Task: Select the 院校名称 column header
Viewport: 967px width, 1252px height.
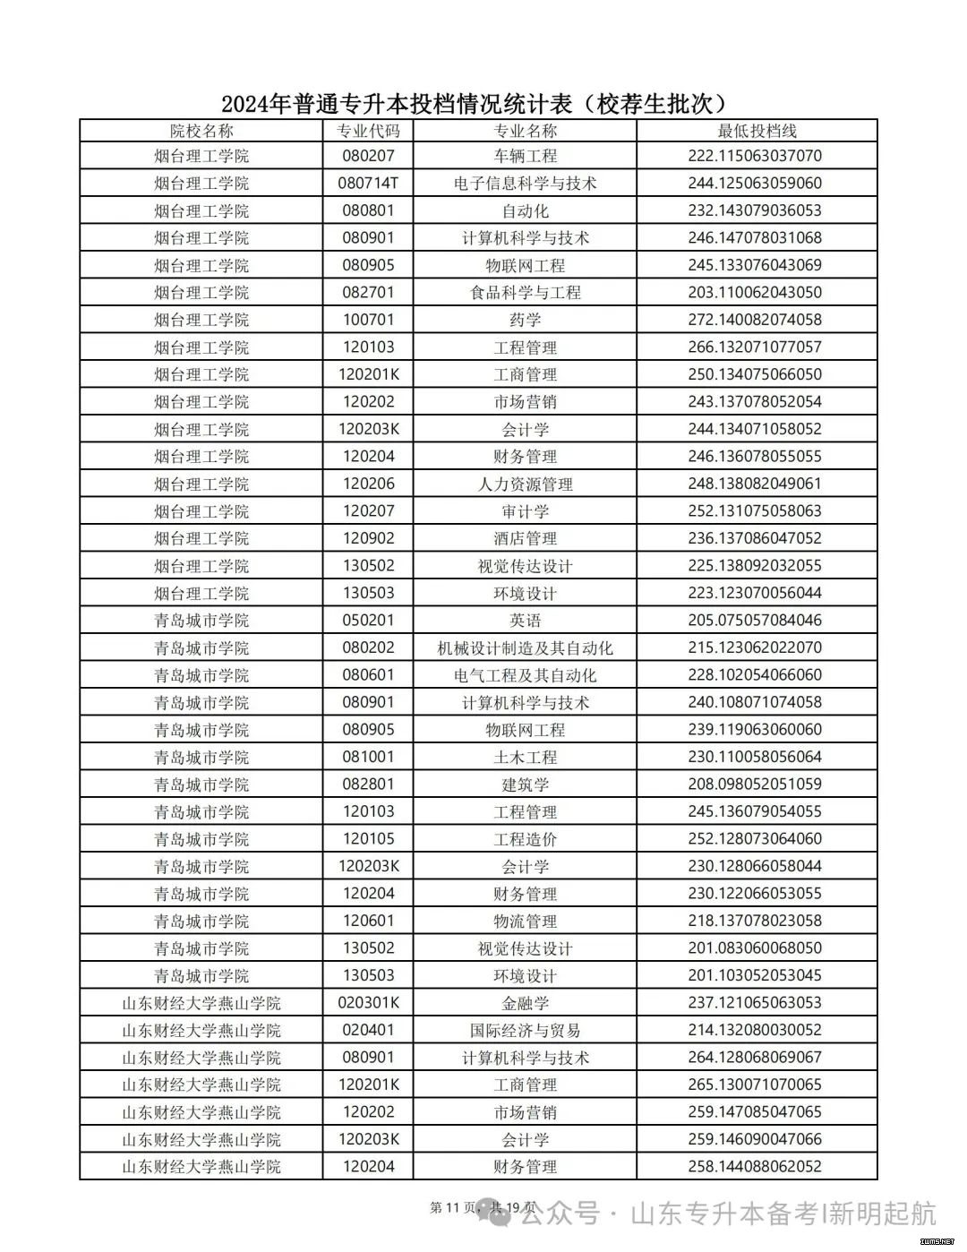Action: tap(201, 131)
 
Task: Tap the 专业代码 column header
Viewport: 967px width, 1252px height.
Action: tap(368, 131)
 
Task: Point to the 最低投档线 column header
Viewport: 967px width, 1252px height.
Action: tap(757, 131)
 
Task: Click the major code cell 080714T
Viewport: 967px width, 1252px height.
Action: tap(368, 184)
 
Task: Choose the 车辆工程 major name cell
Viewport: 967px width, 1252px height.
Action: tap(525, 156)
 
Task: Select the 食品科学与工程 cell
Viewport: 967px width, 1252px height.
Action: tap(525, 293)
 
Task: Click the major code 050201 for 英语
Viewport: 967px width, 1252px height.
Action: tap(368, 621)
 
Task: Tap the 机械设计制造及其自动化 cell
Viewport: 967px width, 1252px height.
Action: tap(525, 648)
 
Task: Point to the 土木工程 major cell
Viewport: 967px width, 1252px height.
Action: tap(525, 758)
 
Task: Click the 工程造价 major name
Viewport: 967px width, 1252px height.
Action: tap(525, 839)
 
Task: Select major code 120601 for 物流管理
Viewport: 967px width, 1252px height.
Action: tap(368, 922)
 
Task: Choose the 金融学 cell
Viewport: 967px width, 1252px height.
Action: tap(525, 1003)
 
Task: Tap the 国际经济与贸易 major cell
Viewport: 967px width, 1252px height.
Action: tap(525, 1031)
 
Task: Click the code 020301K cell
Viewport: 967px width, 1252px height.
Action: tap(368, 1003)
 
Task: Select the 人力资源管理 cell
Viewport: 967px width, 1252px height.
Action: tap(525, 485)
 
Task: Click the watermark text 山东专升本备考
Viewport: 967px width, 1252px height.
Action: tap(725, 1214)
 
